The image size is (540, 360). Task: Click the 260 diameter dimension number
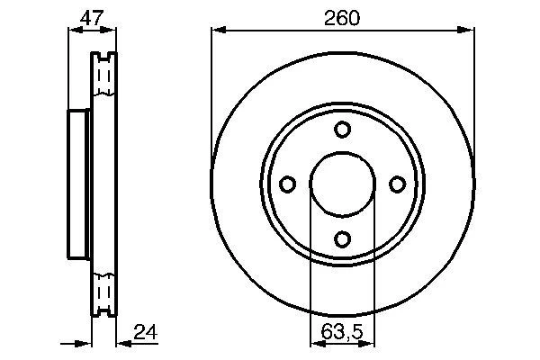[342, 18]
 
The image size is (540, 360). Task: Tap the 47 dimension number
[92, 18]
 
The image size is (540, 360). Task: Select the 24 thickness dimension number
[145, 332]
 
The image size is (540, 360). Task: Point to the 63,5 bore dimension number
[342, 332]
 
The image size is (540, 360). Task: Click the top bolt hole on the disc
[342, 130]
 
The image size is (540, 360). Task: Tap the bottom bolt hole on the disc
[342, 239]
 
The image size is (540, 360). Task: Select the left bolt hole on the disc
[287, 184]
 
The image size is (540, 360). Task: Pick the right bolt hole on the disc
[397, 184]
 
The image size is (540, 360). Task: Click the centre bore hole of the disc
[342, 184]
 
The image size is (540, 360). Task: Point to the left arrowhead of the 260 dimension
[219, 31]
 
